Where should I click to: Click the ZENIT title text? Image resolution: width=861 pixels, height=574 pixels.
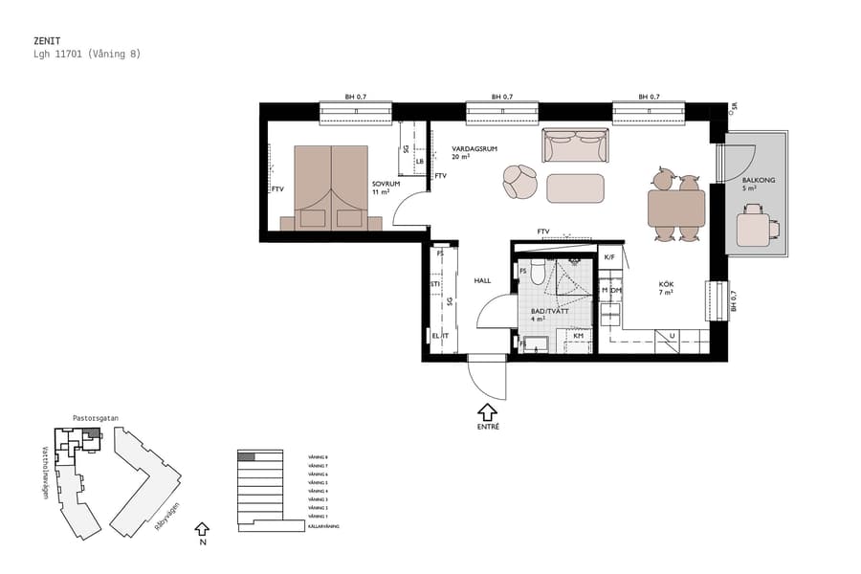(x=46, y=41)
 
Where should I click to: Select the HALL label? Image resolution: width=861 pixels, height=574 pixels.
(x=482, y=280)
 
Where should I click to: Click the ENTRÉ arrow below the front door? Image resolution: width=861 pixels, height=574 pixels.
(x=487, y=412)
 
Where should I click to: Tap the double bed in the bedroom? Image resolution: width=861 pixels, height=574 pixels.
(x=330, y=188)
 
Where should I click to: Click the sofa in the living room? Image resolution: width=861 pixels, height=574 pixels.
(x=575, y=146)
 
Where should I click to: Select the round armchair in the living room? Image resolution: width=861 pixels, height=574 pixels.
(x=520, y=181)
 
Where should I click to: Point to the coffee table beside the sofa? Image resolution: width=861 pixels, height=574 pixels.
(x=575, y=188)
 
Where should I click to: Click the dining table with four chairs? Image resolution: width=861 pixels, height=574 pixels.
(x=676, y=207)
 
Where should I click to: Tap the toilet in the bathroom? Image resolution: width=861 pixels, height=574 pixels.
(x=538, y=275)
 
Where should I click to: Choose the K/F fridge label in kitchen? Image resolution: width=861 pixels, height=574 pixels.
(x=608, y=257)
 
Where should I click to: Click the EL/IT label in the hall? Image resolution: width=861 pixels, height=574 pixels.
(x=440, y=337)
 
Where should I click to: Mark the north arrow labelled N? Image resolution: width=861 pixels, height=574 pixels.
(x=201, y=529)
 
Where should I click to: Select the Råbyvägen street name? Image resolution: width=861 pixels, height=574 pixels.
(x=167, y=518)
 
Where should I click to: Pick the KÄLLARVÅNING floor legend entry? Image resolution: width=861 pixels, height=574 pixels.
(x=322, y=526)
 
